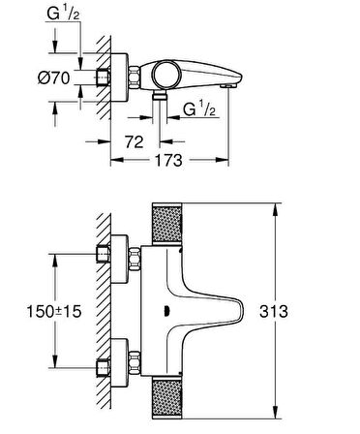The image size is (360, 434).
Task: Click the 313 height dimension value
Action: pyautogui.click(x=273, y=312)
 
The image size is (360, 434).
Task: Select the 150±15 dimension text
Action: pyautogui.click(x=54, y=312)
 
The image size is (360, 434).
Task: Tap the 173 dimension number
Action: pyautogui.click(x=168, y=160)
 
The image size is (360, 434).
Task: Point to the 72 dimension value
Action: pyautogui.click(x=134, y=141)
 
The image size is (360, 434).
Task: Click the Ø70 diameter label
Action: pyautogui.click(x=53, y=77)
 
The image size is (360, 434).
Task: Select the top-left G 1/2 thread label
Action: pyautogui.click(x=63, y=14)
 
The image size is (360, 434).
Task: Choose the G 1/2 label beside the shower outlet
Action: pyautogui.click(x=199, y=108)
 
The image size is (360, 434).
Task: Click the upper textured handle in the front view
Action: pyautogui.click(x=167, y=223)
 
